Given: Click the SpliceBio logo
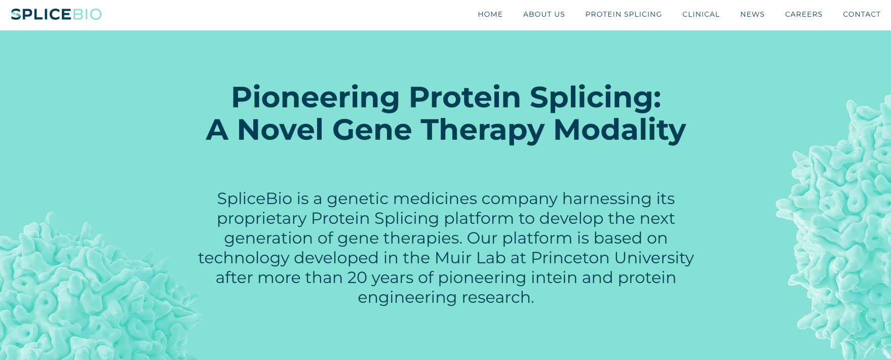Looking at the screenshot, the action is [56, 14].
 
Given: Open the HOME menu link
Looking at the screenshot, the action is [490, 14].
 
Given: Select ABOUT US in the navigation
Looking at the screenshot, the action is [544, 14].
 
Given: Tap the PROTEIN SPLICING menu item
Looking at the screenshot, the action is [624, 14].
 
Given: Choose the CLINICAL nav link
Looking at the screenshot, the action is [701, 14].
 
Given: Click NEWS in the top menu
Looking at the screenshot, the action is [752, 14].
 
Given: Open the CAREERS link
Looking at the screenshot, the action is [804, 14].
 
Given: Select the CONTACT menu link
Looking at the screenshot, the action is [862, 14].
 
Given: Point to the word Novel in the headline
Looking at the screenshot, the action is [280, 130].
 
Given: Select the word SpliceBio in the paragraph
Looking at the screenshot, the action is [255, 198].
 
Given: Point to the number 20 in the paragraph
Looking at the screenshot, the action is [357, 277].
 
